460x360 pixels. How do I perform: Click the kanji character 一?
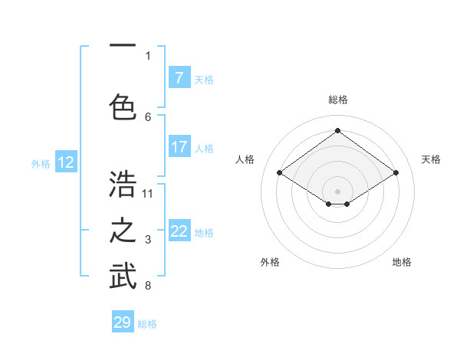pos(123,47)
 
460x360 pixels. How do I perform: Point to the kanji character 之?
pos(123,231)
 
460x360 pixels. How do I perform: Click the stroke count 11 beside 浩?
pos(148,193)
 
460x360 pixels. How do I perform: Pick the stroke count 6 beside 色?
pos(148,116)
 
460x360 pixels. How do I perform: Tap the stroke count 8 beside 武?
pos(148,286)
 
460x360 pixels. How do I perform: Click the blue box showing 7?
pos(179,78)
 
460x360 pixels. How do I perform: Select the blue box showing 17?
pos(179,146)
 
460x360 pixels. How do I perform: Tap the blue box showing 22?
pos(179,231)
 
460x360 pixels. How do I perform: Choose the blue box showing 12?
pos(66,162)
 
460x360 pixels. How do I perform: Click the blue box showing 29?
pos(123,322)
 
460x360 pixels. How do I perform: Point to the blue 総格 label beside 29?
pos(147,324)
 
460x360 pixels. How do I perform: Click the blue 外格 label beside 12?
pos(41,163)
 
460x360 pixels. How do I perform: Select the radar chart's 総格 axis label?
pos(337,100)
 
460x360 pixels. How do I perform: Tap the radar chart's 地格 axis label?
pos(402,262)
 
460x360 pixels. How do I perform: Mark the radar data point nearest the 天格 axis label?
pos(396,173)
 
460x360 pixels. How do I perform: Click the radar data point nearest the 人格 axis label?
pos(279,173)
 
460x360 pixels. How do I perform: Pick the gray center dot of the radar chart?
pos(337,190)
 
